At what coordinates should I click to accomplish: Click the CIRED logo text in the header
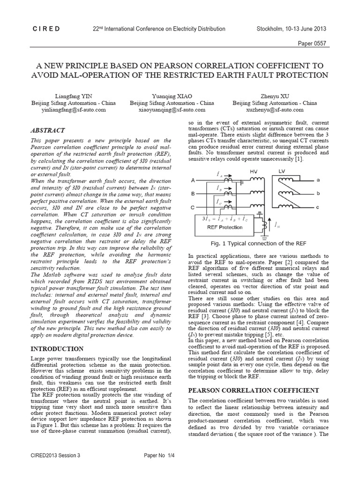46,29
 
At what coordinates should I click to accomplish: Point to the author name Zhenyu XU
275,96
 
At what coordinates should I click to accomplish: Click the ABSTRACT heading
47,130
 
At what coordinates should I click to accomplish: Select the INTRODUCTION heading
57,349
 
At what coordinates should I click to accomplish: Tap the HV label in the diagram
254,171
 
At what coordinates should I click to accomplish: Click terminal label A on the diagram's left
193,180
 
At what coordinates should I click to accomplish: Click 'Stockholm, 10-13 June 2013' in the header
291,29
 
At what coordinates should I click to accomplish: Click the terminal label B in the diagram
193,193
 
